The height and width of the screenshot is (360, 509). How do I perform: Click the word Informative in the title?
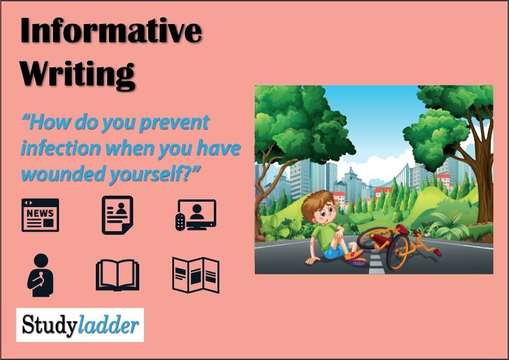pyautogui.click(x=111, y=30)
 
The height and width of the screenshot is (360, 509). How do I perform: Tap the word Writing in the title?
pyautogui.click(x=78, y=74)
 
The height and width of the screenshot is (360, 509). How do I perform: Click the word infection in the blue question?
pyautogui.click(x=61, y=148)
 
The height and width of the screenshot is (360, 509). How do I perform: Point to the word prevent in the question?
pyautogui.click(x=174, y=123)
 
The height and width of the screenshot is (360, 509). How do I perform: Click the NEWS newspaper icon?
pyautogui.click(x=40, y=215)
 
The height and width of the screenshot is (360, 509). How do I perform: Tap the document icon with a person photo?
pyautogui.click(x=117, y=215)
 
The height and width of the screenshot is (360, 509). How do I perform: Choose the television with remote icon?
pyautogui.click(x=196, y=215)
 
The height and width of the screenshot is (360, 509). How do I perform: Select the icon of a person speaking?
pyautogui.click(x=40, y=275)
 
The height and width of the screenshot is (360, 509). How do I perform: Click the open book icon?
pyautogui.click(x=117, y=275)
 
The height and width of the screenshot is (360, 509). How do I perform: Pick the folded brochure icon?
pyautogui.click(x=196, y=275)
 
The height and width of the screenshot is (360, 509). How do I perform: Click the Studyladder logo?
pyautogui.click(x=80, y=324)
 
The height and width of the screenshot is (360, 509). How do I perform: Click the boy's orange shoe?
pyautogui.click(x=354, y=255)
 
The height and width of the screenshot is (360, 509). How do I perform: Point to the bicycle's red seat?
pyautogui.click(x=402, y=229)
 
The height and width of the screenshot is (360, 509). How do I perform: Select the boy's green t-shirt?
pyautogui.click(x=325, y=236)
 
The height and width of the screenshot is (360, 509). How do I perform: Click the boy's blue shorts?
pyautogui.click(x=334, y=251)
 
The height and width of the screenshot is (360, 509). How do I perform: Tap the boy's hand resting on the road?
pyautogui.click(x=311, y=261)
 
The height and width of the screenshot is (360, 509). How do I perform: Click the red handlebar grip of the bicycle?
pyautogui.click(x=437, y=252)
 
